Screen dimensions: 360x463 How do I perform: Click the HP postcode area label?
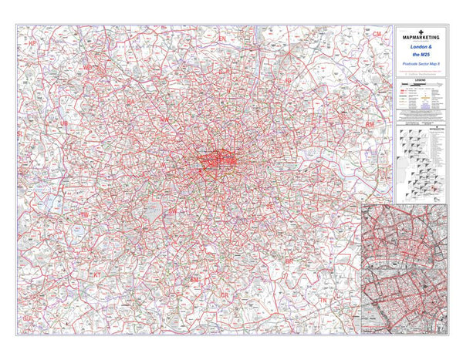point(32,44)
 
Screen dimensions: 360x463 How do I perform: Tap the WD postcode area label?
point(87,68)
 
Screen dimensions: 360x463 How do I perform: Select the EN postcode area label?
point(222,38)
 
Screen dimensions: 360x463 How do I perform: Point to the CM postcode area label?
point(377,35)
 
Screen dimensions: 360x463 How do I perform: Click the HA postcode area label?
point(130,101)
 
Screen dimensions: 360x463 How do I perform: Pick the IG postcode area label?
point(288,79)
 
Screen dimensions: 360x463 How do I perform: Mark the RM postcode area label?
point(370,123)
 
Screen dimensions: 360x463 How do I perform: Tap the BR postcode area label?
point(290,261)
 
